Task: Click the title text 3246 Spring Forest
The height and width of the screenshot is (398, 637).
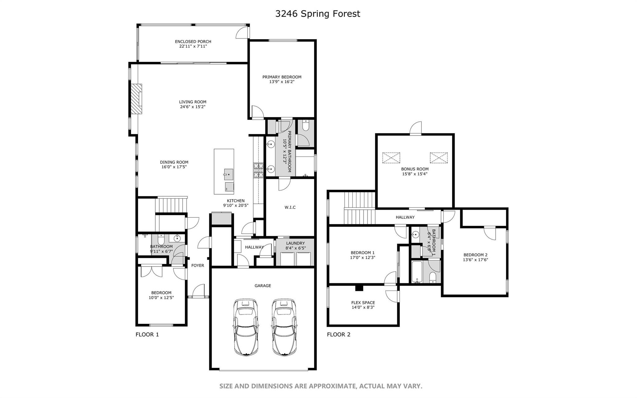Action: click(x=318, y=14)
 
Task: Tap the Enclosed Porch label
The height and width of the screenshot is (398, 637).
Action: click(x=193, y=41)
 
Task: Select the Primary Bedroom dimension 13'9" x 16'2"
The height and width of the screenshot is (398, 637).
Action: click(x=281, y=82)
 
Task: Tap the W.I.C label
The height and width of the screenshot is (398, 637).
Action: click(x=290, y=207)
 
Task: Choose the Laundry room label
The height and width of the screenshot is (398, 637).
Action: click(x=295, y=243)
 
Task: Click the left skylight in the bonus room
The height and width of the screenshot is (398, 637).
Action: click(x=391, y=158)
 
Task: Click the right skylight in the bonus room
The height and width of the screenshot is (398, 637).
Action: click(x=439, y=158)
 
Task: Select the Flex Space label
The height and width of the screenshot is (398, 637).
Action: click(x=363, y=302)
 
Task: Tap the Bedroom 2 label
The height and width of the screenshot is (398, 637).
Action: click(x=475, y=255)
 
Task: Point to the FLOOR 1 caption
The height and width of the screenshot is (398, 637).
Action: click(x=147, y=335)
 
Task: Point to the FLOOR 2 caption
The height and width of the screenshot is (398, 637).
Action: click(x=338, y=335)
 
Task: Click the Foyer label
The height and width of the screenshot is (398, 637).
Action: click(x=198, y=265)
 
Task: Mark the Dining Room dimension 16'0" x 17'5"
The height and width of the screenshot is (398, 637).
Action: click(x=174, y=167)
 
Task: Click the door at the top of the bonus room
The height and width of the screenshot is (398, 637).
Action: click(x=416, y=129)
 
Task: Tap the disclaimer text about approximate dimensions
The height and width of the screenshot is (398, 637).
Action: click(x=321, y=386)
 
